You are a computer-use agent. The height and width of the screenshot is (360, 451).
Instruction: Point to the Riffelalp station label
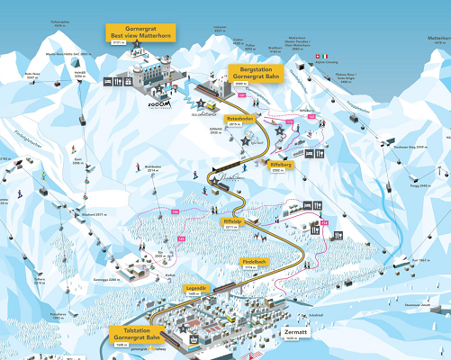232,222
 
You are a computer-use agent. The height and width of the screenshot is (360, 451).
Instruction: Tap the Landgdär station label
198,290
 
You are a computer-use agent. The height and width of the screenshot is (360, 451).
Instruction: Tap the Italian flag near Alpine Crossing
326,56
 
